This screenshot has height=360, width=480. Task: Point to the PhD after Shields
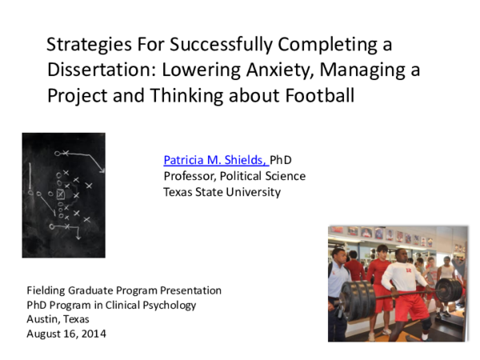(x=282, y=160)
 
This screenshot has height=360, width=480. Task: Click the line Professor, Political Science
(x=234, y=176)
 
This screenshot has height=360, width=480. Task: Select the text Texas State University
(x=222, y=192)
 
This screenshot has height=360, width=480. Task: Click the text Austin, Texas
(x=58, y=319)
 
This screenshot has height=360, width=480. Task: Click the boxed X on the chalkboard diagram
(x=61, y=194)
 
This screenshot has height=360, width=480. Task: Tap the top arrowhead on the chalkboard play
(x=101, y=169)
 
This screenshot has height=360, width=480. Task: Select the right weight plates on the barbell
(x=448, y=290)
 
